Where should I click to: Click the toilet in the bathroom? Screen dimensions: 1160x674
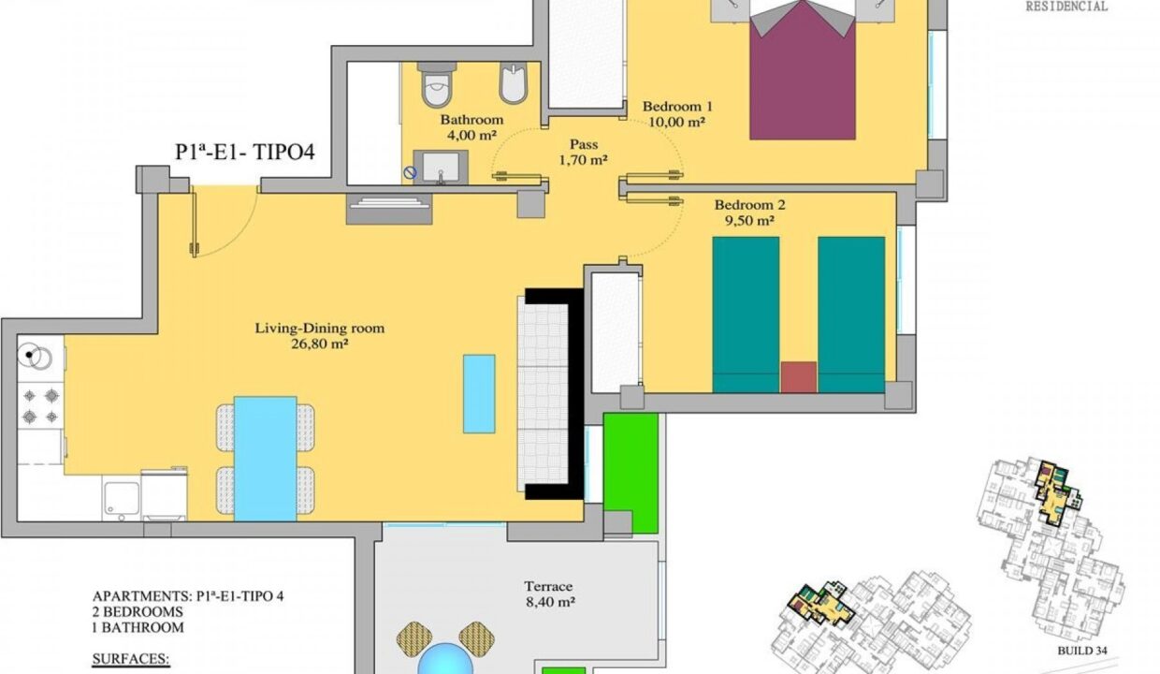pyautogui.click(x=437, y=84)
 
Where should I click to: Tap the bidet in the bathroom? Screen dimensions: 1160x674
pyautogui.click(x=513, y=83)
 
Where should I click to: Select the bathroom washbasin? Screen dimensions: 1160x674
pyautogui.click(x=441, y=168)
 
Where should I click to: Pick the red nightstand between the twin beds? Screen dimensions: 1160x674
pyautogui.click(x=799, y=377)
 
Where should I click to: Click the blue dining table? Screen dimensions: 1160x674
pyautogui.click(x=265, y=459)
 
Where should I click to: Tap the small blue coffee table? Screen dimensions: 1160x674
pyautogui.click(x=479, y=394)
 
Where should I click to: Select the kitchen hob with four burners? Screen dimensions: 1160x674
pyautogui.click(x=40, y=405)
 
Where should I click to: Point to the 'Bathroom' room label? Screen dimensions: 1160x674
pyautogui.click(x=471, y=120)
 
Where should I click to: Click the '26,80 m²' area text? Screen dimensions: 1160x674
pyautogui.click(x=320, y=344)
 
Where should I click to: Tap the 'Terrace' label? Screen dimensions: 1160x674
pyautogui.click(x=548, y=586)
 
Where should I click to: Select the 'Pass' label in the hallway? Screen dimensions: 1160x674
pyautogui.click(x=584, y=144)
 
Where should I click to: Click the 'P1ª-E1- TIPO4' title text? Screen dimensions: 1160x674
pyautogui.click(x=245, y=153)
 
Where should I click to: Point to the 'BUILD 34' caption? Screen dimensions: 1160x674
pyautogui.click(x=1081, y=651)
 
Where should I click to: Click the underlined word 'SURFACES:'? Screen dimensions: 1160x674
pyautogui.click(x=131, y=659)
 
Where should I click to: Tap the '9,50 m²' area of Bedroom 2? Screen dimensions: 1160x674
pyautogui.click(x=749, y=221)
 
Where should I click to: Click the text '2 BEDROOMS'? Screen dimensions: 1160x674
pyautogui.click(x=138, y=612)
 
